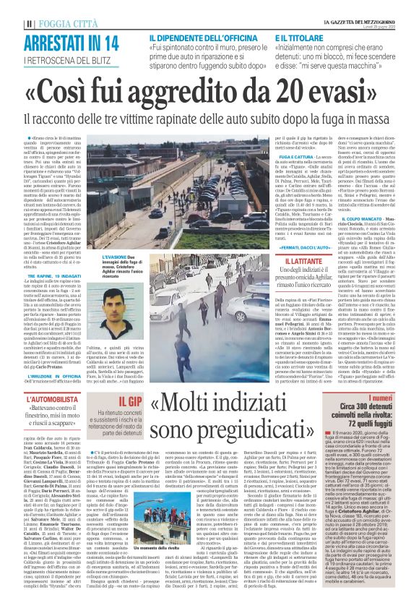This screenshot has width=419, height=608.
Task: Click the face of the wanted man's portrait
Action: tap(112, 304)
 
